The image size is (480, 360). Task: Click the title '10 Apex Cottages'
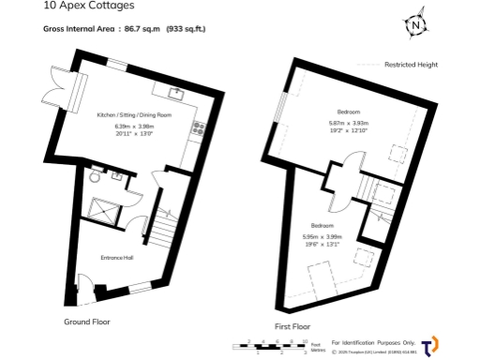tap(82, 6)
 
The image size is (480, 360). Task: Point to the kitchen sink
tap(176, 91)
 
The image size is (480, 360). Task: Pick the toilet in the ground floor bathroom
tap(94, 177)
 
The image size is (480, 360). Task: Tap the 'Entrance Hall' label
tap(118, 255)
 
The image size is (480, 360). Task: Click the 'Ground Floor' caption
tap(87, 322)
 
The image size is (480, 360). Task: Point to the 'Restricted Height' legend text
tap(412, 65)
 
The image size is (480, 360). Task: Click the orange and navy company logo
tap(430, 345)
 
